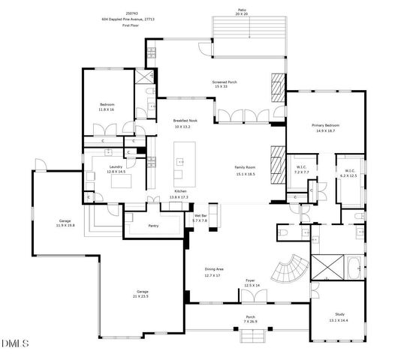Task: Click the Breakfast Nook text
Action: pyautogui.click(x=185, y=123)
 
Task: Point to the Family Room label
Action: pyautogui.click(x=246, y=170)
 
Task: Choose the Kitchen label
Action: pyautogui.click(x=181, y=194)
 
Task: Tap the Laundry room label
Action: pyautogui.click(x=116, y=169)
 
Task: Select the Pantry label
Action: pyautogui.click(x=152, y=226)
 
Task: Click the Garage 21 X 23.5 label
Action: pyautogui.click(x=142, y=293)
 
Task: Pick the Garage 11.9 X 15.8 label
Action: pyautogui.click(x=65, y=223)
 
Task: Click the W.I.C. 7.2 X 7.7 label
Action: pyautogui.click(x=301, y=169)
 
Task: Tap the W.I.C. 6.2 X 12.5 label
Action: pyautogui.click(x=349, y=173)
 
